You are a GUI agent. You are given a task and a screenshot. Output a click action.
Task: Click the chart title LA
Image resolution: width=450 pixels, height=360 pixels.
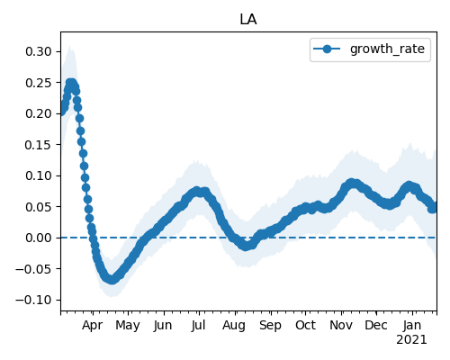(x=248, y=20)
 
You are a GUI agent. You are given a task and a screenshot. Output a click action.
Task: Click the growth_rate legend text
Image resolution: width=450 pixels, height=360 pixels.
(x=387, y=49)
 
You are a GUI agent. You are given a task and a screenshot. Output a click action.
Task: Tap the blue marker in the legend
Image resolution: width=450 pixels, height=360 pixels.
(x=327, y=49)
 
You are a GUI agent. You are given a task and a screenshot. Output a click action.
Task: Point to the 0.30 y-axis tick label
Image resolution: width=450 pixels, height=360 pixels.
(x=39, y=51)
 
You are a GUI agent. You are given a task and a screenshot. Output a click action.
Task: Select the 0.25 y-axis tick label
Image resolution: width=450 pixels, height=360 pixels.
(x=39, y=83)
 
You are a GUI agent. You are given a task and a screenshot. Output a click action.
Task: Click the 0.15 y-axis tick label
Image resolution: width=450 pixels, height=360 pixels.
(x=39, y=145)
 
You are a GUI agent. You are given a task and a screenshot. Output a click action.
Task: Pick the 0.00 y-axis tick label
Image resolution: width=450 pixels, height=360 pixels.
(x=39, y=238)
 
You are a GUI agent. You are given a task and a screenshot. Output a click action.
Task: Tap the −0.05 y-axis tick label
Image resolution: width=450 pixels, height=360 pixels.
(x=34, y=269)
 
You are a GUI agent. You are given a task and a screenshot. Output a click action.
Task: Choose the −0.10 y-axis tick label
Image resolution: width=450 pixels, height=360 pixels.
(x=34, y=300)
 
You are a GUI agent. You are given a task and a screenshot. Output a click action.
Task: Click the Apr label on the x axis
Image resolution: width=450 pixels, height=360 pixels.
(x=93, y=325)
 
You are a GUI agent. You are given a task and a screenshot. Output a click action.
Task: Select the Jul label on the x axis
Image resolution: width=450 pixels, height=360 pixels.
(x=198, y=325)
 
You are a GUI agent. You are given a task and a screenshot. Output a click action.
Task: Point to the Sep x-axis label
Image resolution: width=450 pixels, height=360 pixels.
(x=270, y=325)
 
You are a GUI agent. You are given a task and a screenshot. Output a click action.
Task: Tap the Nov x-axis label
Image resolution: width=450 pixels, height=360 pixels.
(x=341, y=325)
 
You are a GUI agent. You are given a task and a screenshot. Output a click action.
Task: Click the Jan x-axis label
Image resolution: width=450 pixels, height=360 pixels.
(x=412, y=325)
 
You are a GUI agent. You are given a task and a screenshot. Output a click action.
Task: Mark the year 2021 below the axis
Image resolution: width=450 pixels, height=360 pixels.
(x=411, y=340)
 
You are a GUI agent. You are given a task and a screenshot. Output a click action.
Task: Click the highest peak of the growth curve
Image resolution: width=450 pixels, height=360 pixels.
(x=71, y=83)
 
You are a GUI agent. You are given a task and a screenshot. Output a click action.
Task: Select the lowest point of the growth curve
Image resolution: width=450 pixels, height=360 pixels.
(x=112, y=280)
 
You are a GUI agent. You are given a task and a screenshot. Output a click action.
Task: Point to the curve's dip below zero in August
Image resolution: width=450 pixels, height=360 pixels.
(x=246, y=247)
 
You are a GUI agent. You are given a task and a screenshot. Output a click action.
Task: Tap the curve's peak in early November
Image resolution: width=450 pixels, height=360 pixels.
(x=352, y=183)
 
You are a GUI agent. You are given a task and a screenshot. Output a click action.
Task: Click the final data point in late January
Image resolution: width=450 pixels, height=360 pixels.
(x=433, y=208)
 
